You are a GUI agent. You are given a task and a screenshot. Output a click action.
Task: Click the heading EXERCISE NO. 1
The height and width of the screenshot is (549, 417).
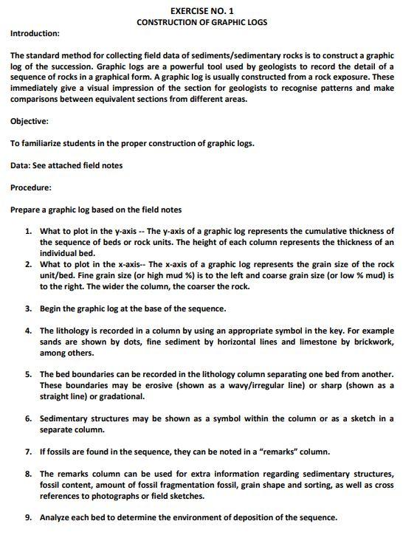(x=201, y=12)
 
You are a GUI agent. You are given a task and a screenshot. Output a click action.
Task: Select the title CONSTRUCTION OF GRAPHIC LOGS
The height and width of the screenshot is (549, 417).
(x=201, y=23)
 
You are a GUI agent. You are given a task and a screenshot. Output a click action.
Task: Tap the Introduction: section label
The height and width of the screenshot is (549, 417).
(x=35, y=34)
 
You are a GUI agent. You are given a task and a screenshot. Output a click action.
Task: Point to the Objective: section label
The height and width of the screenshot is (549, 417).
(x=30, y=122)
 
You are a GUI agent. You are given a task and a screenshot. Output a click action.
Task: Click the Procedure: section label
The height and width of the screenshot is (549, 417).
(x=30, y=187)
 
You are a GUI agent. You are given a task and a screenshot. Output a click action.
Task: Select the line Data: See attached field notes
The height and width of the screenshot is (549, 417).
(x=66, y=165)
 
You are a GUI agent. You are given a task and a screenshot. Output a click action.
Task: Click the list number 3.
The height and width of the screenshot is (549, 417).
(x=28, y=308)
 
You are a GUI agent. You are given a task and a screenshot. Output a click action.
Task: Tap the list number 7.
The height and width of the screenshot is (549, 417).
(x=28, y=451)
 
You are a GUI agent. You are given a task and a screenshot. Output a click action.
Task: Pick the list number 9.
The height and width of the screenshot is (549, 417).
(x=28, y=517)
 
